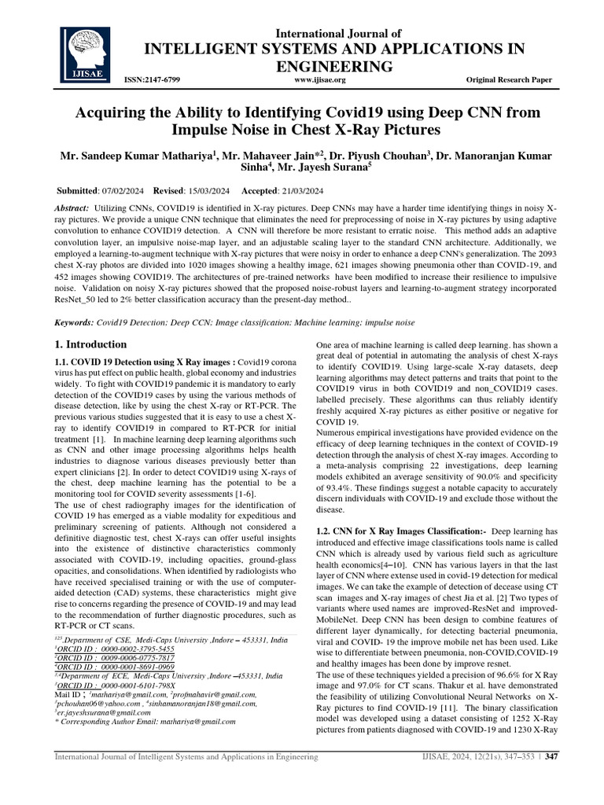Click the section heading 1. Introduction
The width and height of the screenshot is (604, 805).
(90, 344)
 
